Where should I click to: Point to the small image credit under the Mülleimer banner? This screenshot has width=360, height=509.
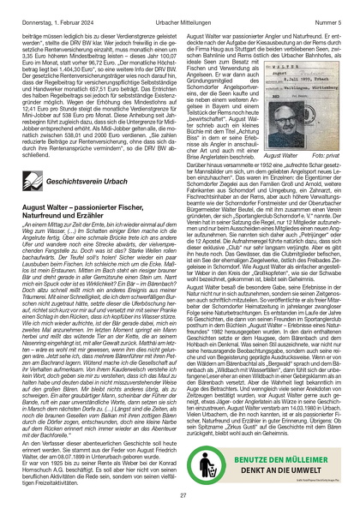click(x=283, y=464)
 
